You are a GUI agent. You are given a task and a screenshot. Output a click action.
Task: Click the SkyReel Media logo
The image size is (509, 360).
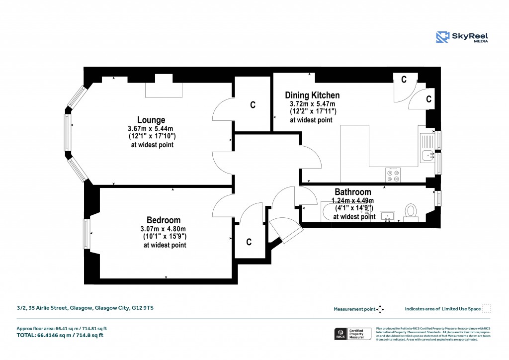(462, 37)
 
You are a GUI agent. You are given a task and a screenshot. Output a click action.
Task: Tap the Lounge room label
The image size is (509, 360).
(151, 120)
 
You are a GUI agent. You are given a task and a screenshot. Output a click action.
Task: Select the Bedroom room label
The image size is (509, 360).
(164, 220)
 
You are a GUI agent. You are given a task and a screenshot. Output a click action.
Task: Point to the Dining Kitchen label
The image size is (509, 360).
(312, 95)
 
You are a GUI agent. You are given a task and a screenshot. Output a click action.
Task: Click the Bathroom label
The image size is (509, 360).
(352, 192)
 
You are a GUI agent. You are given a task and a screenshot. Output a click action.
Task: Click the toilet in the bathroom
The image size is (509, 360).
(411, 212)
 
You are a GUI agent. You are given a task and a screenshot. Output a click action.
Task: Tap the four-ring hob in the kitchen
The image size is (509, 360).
(393, 175)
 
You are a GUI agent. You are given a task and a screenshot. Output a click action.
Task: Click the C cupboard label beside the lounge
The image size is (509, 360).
(253, 105)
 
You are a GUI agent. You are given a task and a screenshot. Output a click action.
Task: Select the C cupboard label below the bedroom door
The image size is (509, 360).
(249, 242)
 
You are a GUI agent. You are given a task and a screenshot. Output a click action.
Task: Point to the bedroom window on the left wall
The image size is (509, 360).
(86, 234)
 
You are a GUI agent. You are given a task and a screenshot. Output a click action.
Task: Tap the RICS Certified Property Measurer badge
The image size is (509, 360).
(352, 334)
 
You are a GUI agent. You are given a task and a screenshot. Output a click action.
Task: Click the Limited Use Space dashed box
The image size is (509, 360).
(487, 309)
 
